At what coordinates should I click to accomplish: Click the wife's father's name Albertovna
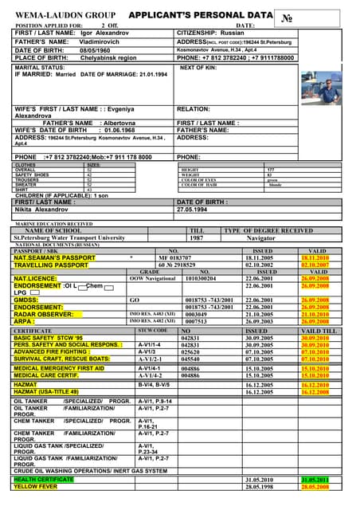118,123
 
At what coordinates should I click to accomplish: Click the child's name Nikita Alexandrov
41,210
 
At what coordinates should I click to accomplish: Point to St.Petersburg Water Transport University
69,237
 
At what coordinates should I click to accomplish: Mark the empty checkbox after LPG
34,292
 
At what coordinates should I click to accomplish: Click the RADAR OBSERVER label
45,314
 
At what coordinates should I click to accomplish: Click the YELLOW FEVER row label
37,486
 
